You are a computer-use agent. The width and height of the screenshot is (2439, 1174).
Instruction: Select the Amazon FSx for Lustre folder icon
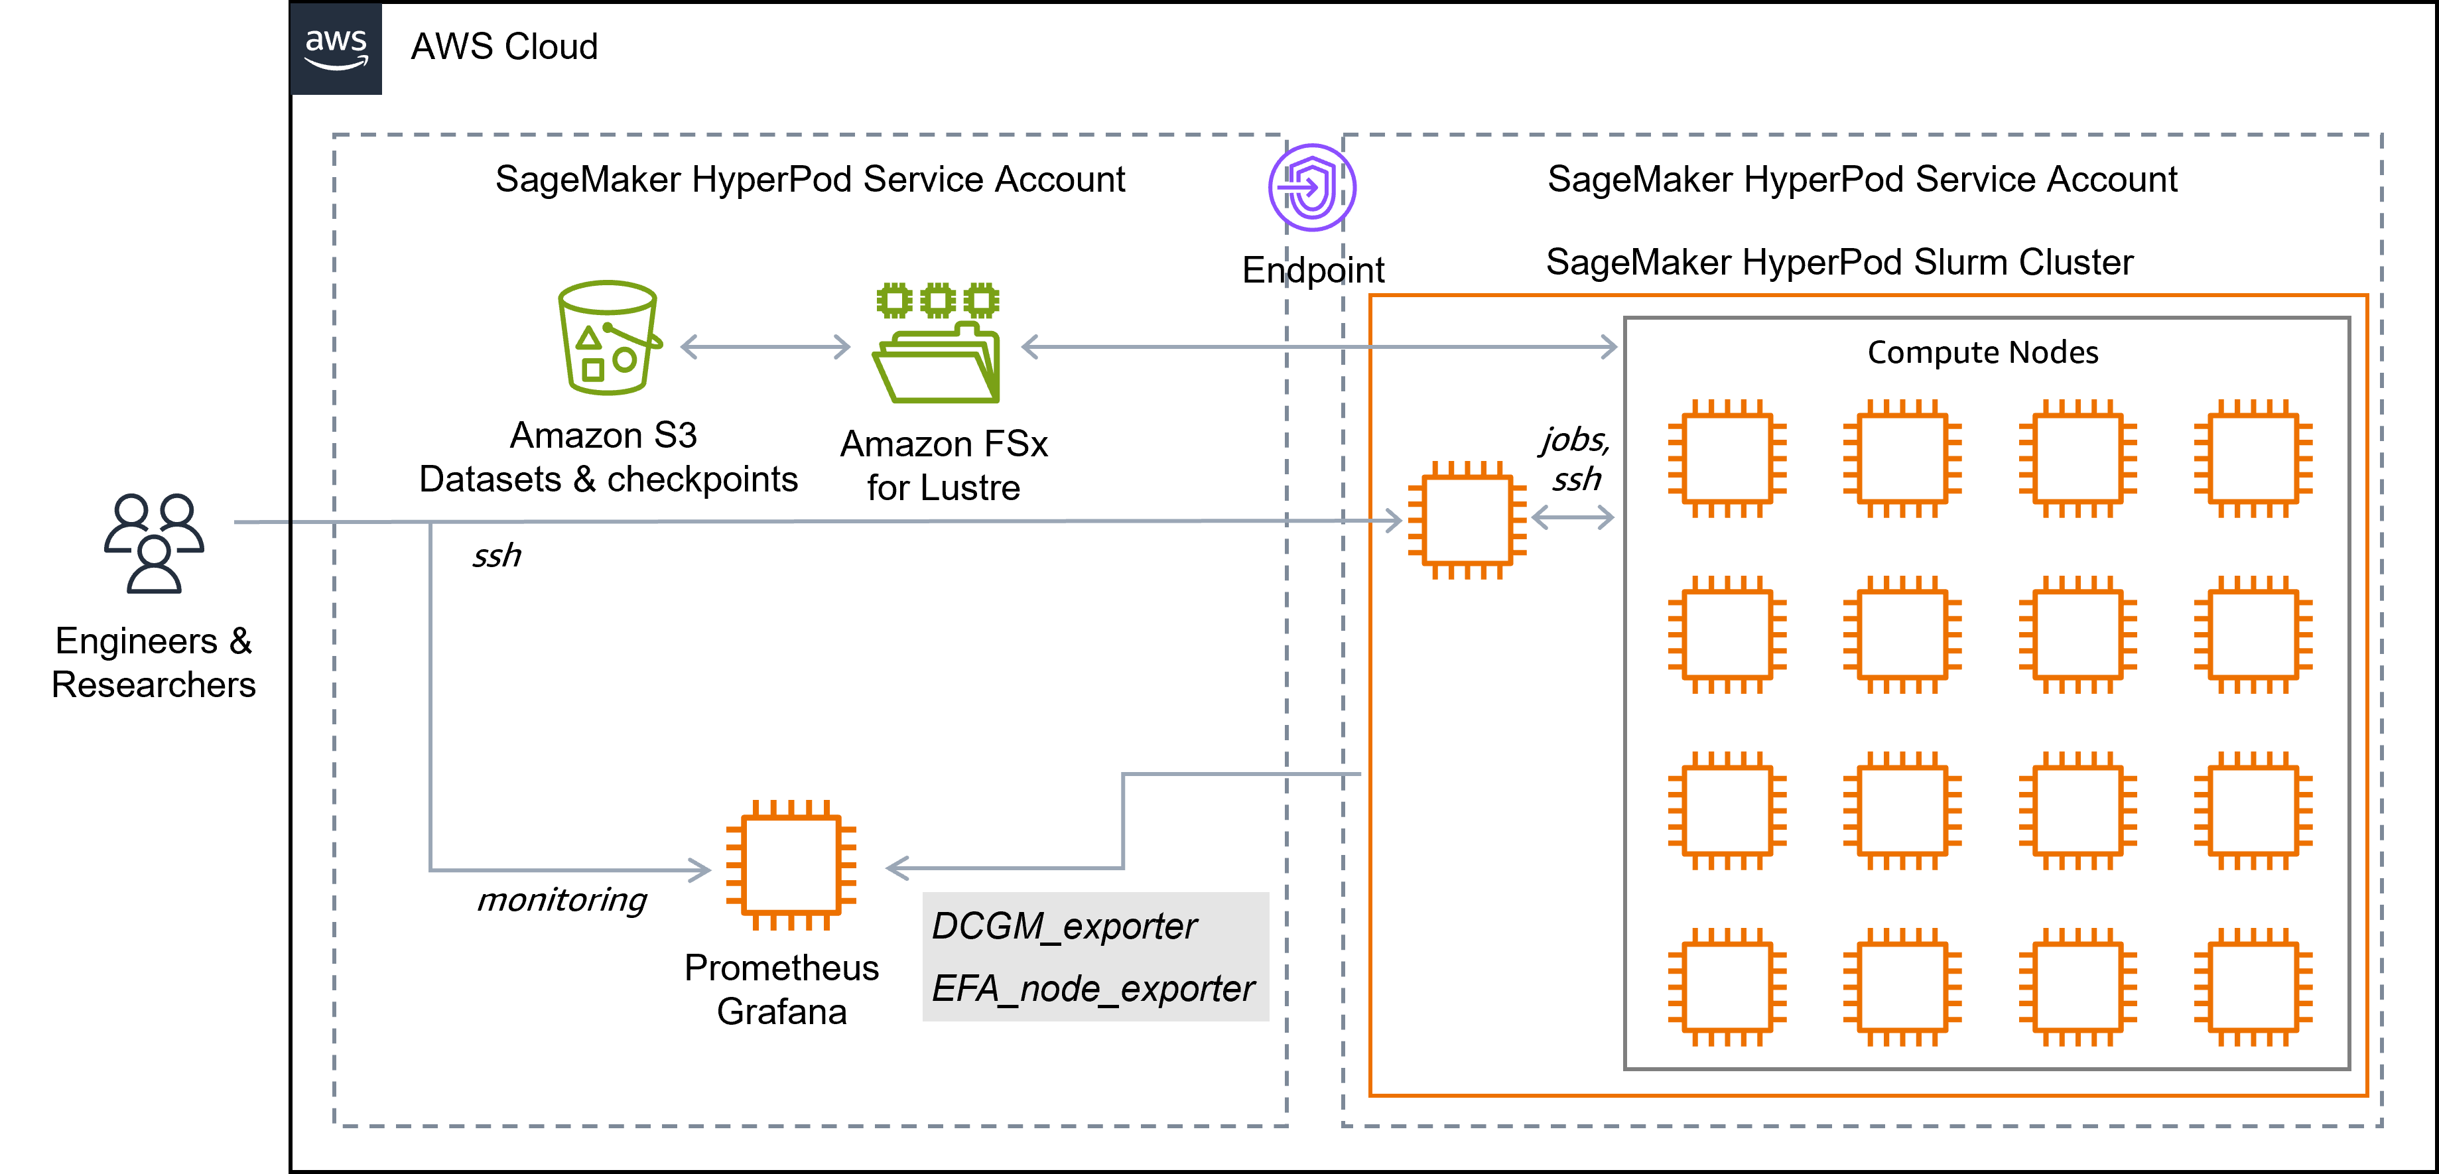[937, 343]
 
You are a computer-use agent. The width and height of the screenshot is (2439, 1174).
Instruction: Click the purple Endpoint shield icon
[1312, 188]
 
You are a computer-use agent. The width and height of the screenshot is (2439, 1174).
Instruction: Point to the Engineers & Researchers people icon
[153, 543]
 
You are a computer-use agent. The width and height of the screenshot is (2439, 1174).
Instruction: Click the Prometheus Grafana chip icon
[791, 866]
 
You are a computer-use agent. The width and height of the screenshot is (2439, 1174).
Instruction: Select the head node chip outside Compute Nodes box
[1467, 520]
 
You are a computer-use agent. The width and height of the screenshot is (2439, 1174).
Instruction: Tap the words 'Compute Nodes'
[1983, 352]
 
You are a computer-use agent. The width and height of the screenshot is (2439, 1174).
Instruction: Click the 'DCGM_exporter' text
[1064, 927]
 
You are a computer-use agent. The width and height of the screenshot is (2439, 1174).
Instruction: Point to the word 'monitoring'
[561, 899]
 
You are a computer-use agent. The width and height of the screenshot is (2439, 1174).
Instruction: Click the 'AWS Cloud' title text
[503, 46]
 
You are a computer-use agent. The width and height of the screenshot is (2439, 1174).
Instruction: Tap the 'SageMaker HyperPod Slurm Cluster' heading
[1839, 262]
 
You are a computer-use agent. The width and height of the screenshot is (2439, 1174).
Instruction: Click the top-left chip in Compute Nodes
[1727, 458]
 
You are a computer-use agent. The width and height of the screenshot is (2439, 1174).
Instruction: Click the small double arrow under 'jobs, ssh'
[1573, 517]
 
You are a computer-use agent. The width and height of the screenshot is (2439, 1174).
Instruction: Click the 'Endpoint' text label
[1313, 271]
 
